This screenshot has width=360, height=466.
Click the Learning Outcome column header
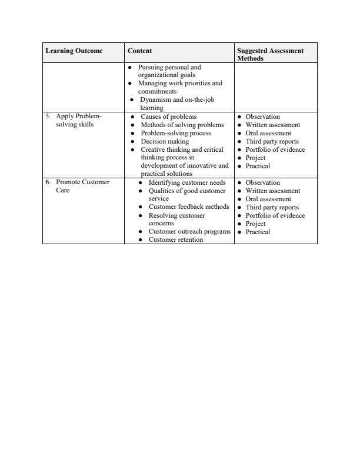(x=74, y=51)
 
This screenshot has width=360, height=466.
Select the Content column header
(x=140, y=51)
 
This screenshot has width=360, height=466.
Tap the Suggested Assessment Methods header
(x=270, y=55)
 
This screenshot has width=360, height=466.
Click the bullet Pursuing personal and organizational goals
(x=169, y=71)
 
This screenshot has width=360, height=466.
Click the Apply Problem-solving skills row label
(x=79, y=121)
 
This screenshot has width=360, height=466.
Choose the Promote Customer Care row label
(x=82, y=187)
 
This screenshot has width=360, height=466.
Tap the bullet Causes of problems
(x=168, y=117)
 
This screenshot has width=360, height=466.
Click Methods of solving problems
(x=182, y=125)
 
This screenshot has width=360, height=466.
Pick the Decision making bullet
(x=165, y=142)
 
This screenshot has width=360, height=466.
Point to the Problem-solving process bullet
(x=175, y=134)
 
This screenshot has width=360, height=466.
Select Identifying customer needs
(x=186, y=183)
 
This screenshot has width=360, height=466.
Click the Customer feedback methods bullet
(x=188, y=208)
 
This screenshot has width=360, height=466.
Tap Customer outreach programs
(x=189, y=232)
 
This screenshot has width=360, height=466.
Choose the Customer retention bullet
(x=175, y=240)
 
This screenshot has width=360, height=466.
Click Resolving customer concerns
(x=176, y=220)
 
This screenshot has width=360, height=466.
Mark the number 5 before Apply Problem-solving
(x=48, y=117)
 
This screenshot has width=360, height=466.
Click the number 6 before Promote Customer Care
(x=48, y=182)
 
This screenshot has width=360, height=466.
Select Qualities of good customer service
(x=186, y=195)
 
